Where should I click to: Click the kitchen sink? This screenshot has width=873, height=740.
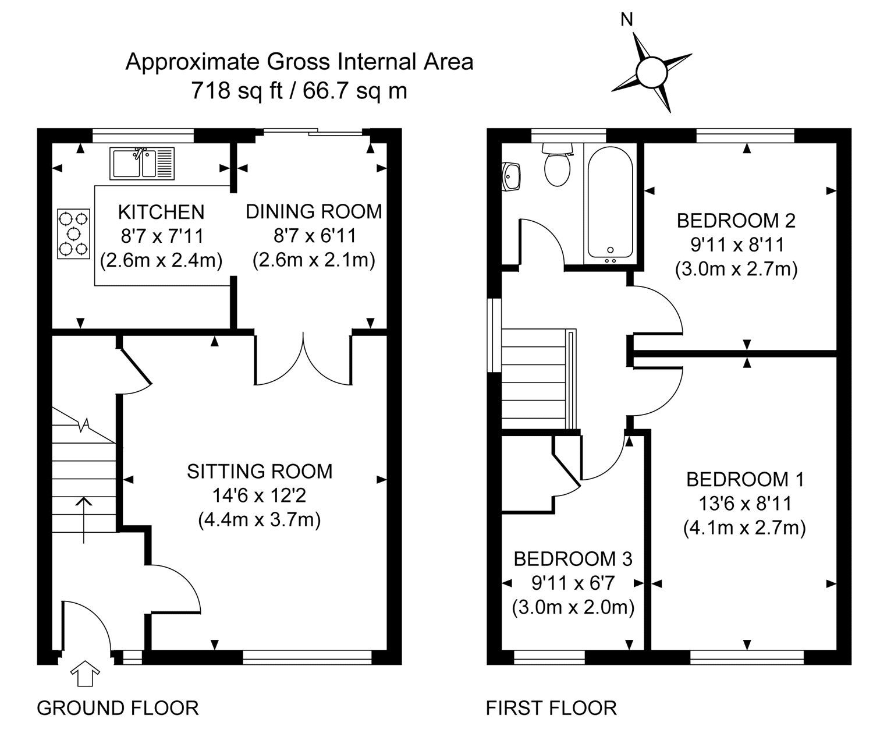tap(142, 163)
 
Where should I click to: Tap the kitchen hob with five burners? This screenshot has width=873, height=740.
tap(73, 233)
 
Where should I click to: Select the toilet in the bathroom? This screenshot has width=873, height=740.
tap(557, 164)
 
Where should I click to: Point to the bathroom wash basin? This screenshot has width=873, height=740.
tap(511, 177)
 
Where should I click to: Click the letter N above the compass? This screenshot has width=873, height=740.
tap(627, 20)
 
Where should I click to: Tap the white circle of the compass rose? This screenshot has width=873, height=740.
tap(652, 73)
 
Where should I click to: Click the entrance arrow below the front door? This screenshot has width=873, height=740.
tap(85, 673)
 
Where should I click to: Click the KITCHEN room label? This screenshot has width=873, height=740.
tap(161, 212)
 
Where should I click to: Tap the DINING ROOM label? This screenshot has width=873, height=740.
tap(314, 212)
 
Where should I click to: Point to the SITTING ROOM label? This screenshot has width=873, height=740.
tap(260, 472)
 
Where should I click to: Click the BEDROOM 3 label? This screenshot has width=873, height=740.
tap(573, 559)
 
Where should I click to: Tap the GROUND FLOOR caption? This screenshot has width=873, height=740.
tap(118, 708)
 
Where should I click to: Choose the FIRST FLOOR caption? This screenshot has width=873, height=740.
tap(551, 708)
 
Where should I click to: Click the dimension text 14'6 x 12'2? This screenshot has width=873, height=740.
tap(259, 495)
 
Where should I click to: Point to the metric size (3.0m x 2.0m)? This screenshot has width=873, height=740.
tap(573, 608)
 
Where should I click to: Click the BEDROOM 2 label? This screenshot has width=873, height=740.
tap(736, 221)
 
